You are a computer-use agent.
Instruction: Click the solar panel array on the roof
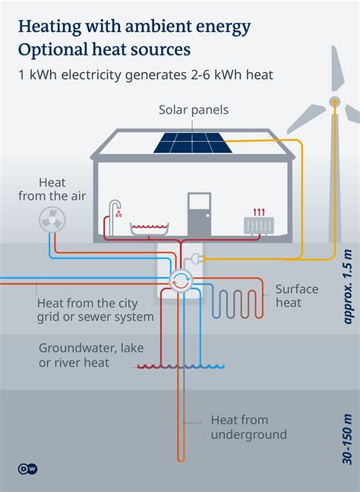194,142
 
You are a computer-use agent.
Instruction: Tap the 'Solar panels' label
194,110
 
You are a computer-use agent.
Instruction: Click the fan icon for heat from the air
52,219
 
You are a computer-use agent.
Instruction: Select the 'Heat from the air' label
52,189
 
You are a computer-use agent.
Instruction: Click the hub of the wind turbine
334,102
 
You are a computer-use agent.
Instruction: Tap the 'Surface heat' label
298,296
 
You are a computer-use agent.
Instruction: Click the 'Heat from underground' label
249,427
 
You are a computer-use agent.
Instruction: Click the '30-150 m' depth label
348,439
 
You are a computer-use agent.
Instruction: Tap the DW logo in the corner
27,468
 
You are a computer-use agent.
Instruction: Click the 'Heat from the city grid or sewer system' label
95,310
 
